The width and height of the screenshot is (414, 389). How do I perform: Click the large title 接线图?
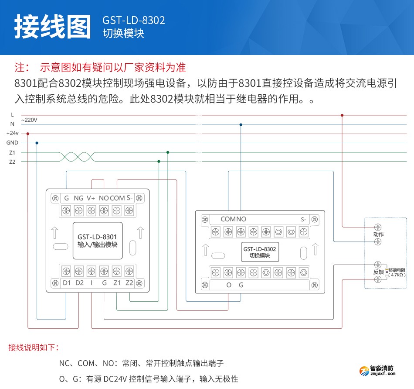point(53,27)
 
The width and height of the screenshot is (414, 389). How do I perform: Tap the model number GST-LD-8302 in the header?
point(133,21)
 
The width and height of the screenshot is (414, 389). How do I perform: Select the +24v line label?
point(12,133)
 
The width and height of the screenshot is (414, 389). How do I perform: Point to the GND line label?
point(12,143)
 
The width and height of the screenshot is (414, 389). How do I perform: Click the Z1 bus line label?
point(12,152)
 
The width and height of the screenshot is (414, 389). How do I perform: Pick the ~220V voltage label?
point(29,120)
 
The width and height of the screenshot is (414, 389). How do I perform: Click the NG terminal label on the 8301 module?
point(78,198)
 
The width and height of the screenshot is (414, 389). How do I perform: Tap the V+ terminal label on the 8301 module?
point(91,198)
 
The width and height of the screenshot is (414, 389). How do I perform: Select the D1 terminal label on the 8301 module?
point(67,282)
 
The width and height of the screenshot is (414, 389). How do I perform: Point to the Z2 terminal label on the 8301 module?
point(129,282)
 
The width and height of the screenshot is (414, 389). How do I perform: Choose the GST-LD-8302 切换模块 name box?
point(260,252)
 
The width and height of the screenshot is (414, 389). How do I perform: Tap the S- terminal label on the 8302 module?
point(303,219)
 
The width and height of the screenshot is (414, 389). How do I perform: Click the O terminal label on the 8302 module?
point(229,285)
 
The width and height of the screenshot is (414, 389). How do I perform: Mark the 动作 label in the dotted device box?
point(378,234)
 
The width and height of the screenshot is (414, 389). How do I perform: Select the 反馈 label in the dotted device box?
point(378,272)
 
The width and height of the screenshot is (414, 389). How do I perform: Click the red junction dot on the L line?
point(342,115)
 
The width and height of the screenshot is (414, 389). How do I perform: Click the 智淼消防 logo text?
point(382,368)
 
